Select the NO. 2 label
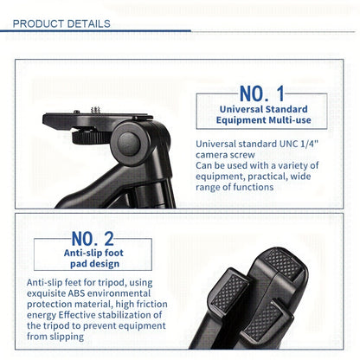93,238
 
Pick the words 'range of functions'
238,187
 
